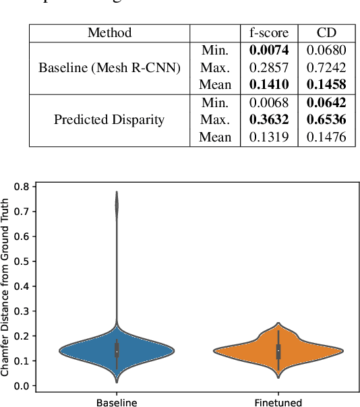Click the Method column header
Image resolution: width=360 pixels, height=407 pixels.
(109, 32)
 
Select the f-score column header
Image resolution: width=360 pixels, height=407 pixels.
(270, 32)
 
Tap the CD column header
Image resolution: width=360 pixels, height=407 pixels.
(326, 32)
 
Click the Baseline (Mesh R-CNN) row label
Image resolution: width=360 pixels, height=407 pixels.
(109, 67)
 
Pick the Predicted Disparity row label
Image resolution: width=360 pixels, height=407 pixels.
(109, 120)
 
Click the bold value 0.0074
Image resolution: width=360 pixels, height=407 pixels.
(270, 50)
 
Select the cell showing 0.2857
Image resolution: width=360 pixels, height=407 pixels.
(270, 67)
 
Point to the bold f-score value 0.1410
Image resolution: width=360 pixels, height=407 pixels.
(270, 85)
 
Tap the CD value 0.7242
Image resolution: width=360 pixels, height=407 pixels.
(326, 67)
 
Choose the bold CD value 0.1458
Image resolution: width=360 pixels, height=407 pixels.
(326, 85)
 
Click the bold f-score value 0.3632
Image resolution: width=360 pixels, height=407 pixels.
(270, 120)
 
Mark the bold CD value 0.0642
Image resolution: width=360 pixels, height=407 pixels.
(326, 102)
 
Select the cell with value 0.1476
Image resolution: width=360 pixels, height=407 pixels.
(326, 137)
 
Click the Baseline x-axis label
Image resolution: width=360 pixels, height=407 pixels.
(117, 402)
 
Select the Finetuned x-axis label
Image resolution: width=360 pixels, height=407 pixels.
(278, 402)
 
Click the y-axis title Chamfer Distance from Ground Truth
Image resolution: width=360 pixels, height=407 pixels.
(6, 286)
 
